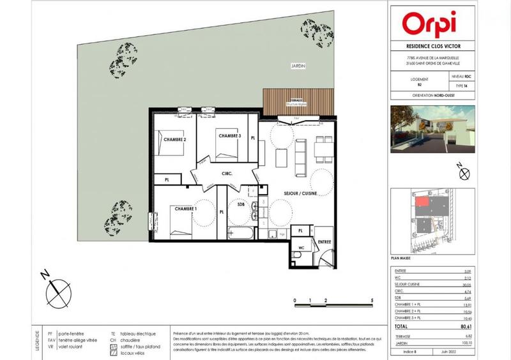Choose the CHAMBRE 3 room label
[x=229, y=136]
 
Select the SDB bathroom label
[x=241, y=206]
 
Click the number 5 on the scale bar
[x=372, y=299]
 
